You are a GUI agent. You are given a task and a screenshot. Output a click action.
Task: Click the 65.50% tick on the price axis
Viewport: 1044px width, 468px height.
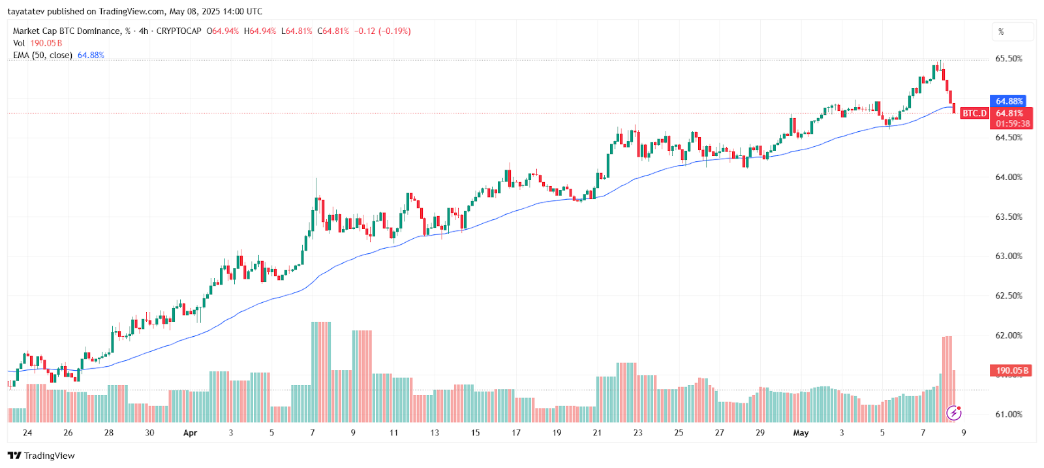(x=1008, y=59)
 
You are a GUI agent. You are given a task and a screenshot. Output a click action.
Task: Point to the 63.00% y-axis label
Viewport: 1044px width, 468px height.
(x=1008, y=256)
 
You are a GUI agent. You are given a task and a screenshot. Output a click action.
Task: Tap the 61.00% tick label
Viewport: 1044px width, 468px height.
(x=1008, y=414)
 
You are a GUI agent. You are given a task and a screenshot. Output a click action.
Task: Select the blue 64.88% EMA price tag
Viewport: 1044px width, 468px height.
(x=1009, y=101)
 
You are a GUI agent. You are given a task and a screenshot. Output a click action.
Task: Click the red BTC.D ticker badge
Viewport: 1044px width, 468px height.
(x=975, y=114)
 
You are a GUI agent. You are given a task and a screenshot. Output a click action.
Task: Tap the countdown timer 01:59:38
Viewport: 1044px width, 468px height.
(x=1013, y=123)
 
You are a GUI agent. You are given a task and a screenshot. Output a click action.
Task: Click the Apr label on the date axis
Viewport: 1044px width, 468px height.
(x=190, y=433)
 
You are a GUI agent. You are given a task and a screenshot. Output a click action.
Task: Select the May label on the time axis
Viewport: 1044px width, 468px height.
(x=801, y=433)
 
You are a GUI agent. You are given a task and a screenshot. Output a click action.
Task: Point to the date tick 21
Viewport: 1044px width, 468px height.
(x=597, y=433)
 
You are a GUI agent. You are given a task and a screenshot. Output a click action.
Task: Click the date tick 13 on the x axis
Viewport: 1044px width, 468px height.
(x=435, y=433)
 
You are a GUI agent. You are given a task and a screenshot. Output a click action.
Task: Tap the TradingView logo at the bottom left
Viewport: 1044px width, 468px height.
(x=41, y=456)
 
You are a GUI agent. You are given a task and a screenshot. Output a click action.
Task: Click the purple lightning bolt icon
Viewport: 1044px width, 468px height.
(x=954, y=413)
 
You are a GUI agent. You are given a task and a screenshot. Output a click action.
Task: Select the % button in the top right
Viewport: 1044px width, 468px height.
(x=1002, y=31)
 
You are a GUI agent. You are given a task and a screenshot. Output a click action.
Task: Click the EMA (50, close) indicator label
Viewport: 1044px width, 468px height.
(x=42, y=55)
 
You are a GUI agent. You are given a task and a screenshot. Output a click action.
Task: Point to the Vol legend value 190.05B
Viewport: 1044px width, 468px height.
(x=46, y=43)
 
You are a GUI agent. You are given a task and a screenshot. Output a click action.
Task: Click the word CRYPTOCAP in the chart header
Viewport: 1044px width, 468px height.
(x=179, y=31)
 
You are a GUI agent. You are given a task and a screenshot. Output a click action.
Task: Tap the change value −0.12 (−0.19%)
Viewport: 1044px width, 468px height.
(x=382, y=31)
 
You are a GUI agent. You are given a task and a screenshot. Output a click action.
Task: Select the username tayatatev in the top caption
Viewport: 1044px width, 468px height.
(x=26, y=11)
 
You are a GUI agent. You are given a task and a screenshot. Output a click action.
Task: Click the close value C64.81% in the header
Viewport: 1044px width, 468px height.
(x=333, y=31)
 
